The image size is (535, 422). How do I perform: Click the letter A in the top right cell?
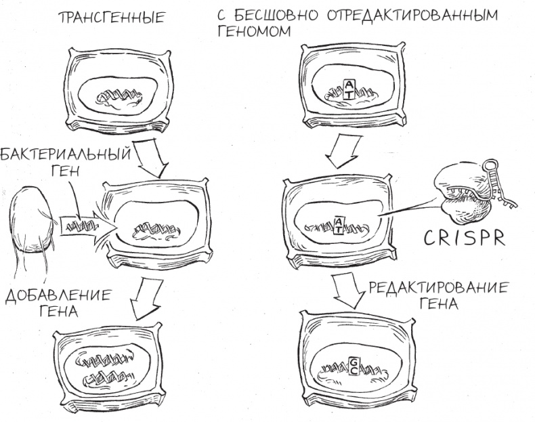click(348, 84)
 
